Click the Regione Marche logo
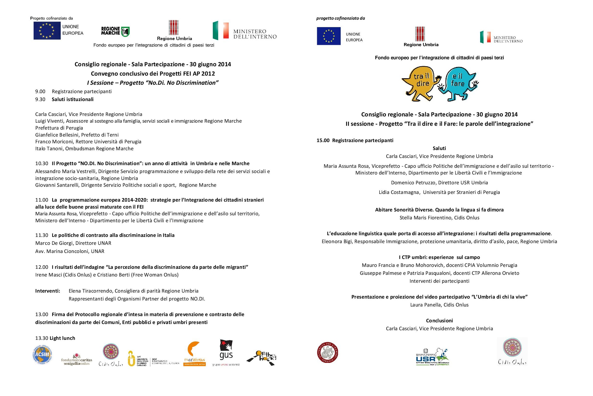tap(115, 32)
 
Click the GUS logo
tap(226, 352)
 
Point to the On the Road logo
tap(261, 358)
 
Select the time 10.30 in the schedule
tap(42, 163)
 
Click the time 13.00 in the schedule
tap(42, 314)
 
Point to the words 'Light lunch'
tap(62, 338)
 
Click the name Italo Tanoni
tap(49, 149)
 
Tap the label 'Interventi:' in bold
tap(48, 291)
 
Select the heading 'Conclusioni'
tap(439, 320)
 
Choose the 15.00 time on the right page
tap(323, 140)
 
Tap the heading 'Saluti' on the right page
tap(439, 148)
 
